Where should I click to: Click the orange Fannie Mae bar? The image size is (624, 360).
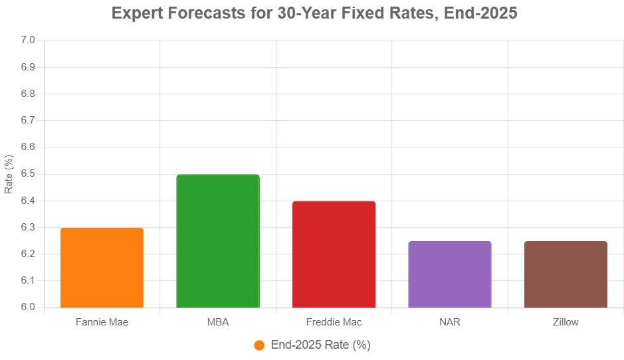(102, 268)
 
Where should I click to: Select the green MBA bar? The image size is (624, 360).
(218, 241)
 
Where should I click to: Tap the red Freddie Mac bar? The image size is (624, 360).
(334, 254)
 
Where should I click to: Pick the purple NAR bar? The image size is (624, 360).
(450, 274)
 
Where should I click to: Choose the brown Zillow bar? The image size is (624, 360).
(566, 274)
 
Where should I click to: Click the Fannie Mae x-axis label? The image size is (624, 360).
(102, 322)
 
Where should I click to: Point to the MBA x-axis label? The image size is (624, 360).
(218, 322)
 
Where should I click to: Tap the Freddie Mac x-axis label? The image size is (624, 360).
(334, 322)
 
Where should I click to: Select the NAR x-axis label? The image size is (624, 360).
(450, 322)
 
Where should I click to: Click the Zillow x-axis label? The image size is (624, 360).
(566, 322)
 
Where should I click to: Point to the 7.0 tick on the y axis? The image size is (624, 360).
(27, 41)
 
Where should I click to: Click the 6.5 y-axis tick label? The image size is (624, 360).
(27, 174)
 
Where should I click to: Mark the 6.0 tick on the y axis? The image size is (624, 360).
(27, 308)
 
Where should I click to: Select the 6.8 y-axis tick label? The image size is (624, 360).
(27, 94)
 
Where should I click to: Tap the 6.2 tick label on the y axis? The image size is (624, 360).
(27, 254)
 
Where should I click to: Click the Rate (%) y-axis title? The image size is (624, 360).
(9, 174)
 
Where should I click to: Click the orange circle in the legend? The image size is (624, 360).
(259, 345)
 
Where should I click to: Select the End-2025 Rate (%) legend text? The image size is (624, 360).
(320, 345)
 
